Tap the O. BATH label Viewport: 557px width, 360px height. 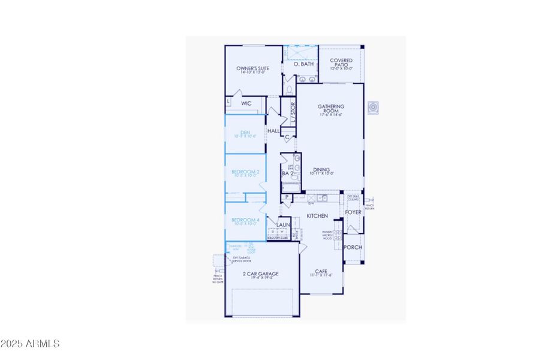(x=304, y=64)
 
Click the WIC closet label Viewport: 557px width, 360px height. (x=246, y=104)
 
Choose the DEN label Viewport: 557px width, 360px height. (x=245, y=132)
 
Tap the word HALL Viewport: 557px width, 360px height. (x=273, y=131)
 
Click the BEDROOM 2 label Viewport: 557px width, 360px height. (x=245, y=172)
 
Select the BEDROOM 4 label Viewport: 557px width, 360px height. (x=245, y=220)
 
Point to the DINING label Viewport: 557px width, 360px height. (x=321, y=170)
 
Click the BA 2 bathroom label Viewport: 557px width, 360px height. (x=287, y=174)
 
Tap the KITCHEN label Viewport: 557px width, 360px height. (x=317, y=215)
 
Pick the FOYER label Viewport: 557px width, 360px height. (x=353, y=212)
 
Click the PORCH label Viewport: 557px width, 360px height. (x=353, y=247)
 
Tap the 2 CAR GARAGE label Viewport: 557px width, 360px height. (x=260, y=274)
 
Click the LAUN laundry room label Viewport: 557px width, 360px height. (x=284, y=225)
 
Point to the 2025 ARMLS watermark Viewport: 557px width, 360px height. (x=30, y=344)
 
